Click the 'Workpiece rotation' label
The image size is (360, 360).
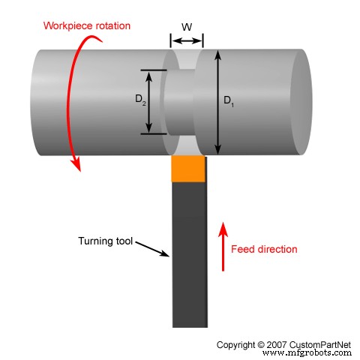click(87, 26)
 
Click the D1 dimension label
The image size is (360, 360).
click(229, 102)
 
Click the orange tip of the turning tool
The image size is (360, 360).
click(188, 169)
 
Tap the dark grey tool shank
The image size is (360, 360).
click(189, 255)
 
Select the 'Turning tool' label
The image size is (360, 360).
click(104, 241)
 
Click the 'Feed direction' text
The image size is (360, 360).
click(264, 249)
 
